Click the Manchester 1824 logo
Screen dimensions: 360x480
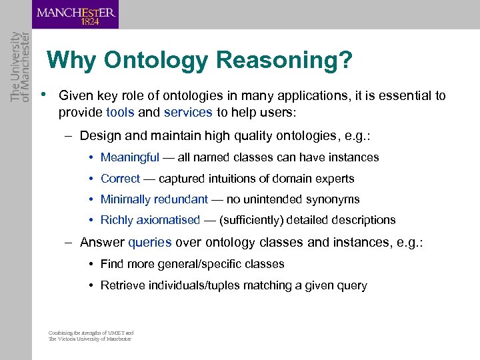coord(75,15)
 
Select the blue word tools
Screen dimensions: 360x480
coord(120,112)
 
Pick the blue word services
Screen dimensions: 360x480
coord(188,112)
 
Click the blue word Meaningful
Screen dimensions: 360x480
coord(130,157)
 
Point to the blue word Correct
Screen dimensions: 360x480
coord(120,179)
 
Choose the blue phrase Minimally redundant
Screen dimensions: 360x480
coord(154,199)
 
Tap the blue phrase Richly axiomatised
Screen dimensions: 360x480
coord(150,220)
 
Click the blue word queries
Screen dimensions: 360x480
coord(150,243)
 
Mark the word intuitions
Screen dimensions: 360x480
coord(234,179)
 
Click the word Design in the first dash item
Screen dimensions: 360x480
coord(100,136)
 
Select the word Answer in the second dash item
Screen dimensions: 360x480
coord(102,243)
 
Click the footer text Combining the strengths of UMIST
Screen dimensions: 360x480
coord(91,333)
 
